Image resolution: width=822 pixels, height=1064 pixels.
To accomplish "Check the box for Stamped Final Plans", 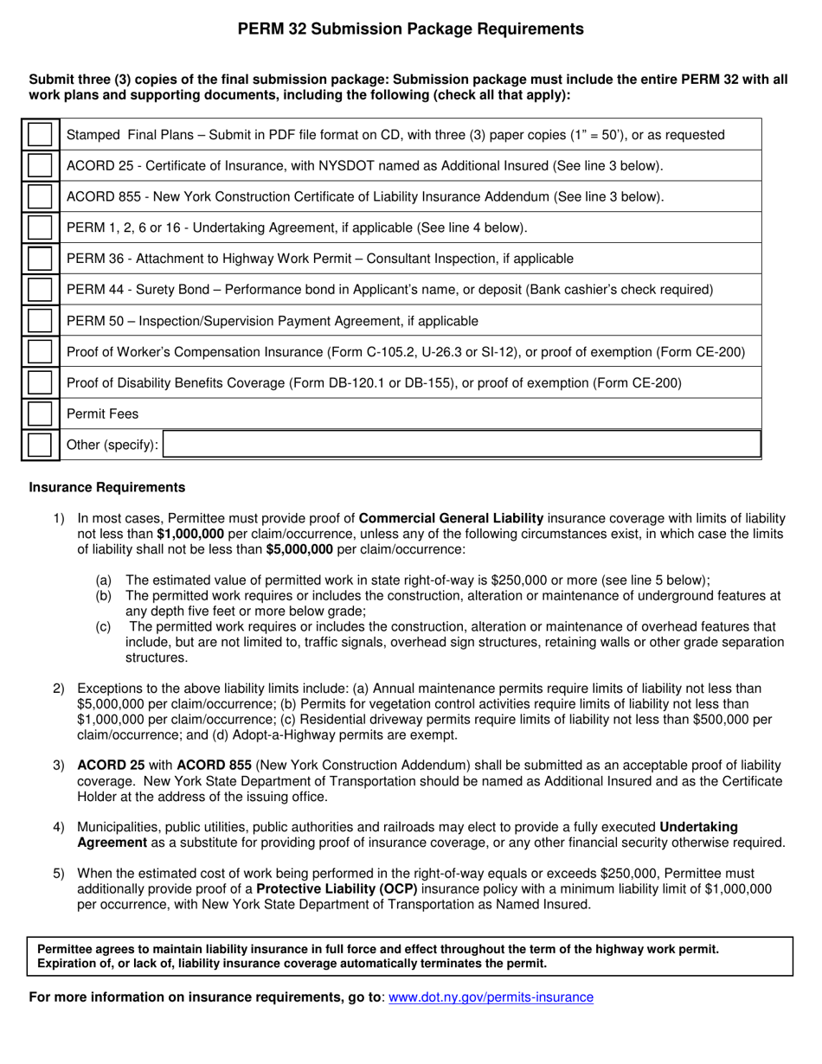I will coord(39,135).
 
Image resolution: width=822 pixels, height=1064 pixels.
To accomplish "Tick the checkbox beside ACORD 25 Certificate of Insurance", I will coord(39,166).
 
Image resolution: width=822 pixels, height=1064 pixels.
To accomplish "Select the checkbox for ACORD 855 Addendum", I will coord(39,197).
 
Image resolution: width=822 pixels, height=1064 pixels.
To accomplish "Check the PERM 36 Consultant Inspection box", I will coord(39,260).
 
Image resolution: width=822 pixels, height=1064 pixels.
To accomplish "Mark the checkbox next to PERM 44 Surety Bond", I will coord(39,290).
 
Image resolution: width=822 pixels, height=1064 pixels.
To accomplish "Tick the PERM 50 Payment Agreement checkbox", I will coord(39,321).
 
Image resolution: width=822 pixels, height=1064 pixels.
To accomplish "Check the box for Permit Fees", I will coord(39,414).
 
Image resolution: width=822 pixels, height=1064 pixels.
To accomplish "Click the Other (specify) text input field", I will coord(461,445).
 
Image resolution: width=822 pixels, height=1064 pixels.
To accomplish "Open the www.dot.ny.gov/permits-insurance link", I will coord(491,997).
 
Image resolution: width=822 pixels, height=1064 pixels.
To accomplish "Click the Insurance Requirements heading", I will coord(107,488).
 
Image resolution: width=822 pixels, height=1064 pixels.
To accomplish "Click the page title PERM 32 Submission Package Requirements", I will coord(411,29).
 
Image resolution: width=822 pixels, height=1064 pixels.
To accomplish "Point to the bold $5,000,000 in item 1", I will coord(299,549).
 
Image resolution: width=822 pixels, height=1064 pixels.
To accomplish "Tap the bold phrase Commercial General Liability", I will coord(451,518).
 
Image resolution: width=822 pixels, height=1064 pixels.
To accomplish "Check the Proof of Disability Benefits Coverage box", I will coord(39,383).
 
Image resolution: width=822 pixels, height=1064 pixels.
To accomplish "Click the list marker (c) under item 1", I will coord(103,627).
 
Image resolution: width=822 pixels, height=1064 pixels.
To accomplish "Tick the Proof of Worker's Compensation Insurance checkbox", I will coord(39,352).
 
